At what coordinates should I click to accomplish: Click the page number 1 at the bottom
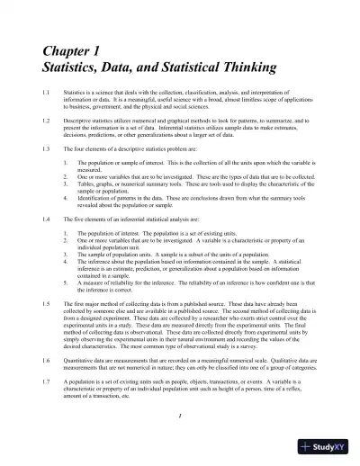coord(180,415)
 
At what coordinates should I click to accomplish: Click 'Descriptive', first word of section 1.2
coord(80,119)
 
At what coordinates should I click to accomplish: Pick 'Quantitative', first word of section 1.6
coord(81,359)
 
